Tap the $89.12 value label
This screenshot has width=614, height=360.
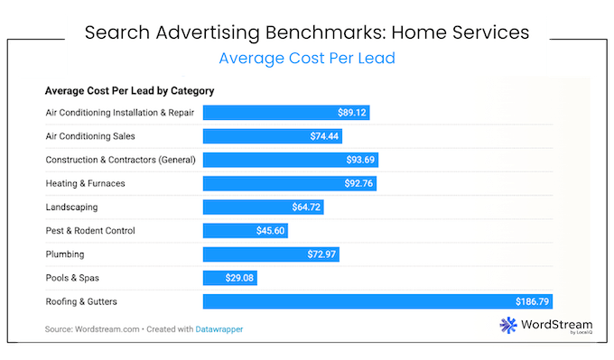tap(350, 113)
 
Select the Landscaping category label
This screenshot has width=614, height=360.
tap(72, 207)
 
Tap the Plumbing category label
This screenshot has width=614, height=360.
tap(66, 254)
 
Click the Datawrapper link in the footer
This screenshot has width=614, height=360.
tap(219, 329)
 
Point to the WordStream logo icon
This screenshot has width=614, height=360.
tap(507, 327)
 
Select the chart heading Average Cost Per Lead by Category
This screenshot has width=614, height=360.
tap(129, 91)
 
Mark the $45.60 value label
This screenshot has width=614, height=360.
tap(271, 230)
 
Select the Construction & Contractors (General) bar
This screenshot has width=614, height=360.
tap(290, 160)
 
